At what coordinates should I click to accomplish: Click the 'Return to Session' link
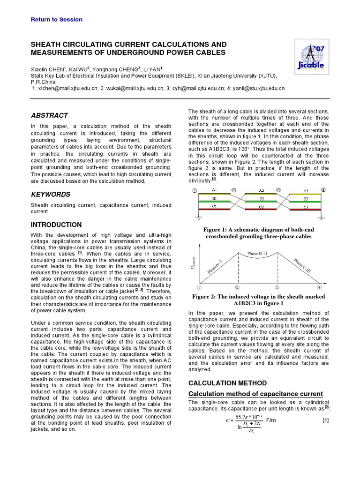click(x=56, y=20)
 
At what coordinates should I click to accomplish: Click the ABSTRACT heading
click(x=49, y=115)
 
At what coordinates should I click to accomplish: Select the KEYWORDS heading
click(x=51, y=194)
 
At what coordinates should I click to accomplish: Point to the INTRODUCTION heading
click(x=56, y=225)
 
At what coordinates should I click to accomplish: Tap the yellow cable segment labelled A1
click(x=215, y=194)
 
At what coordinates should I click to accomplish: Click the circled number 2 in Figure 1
click(x=234, y=190)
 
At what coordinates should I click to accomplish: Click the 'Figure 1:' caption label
click(x=217, y=229)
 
